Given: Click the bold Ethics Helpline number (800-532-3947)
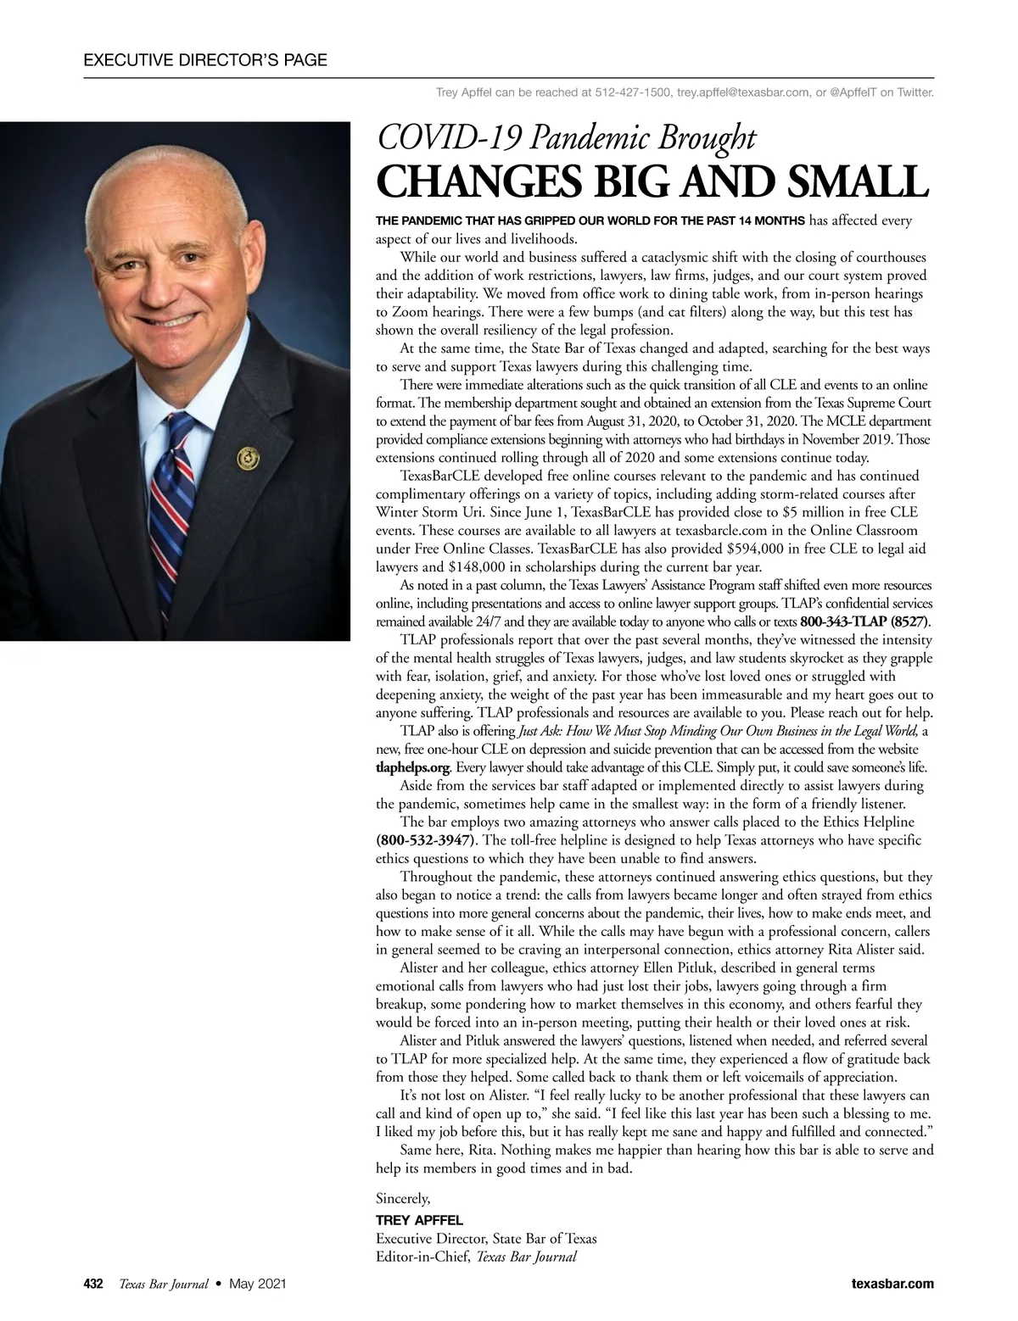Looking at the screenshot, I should pos(427,840).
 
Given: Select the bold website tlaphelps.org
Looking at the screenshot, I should pos(411,767).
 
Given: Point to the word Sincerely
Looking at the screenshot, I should pos(403,1199).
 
